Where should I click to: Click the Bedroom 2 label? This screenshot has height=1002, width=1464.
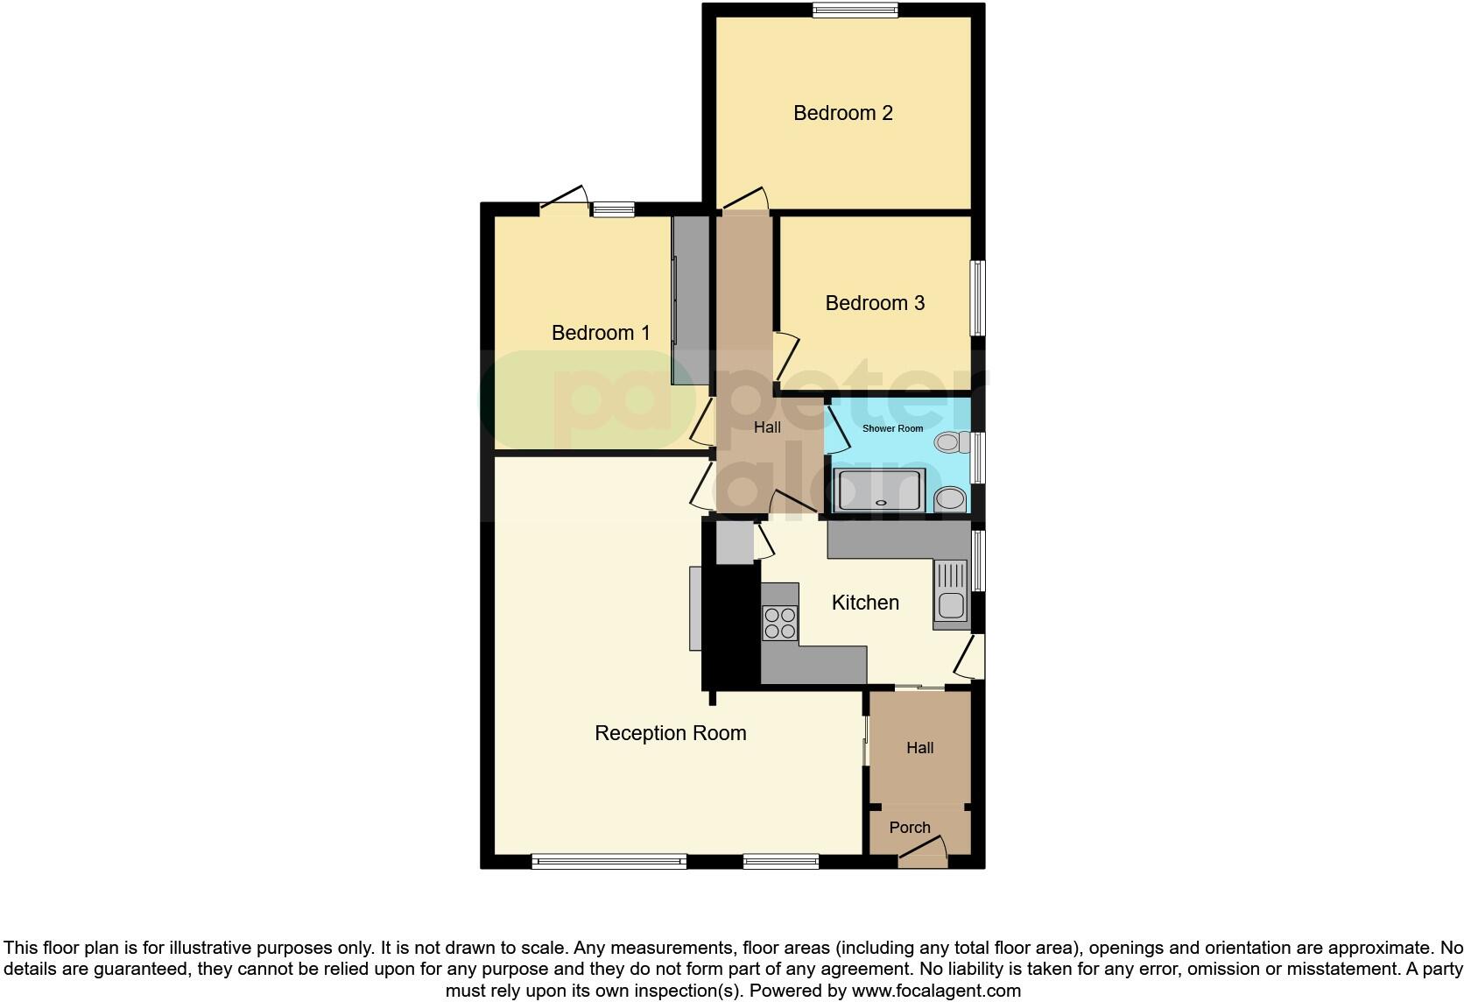(842, 113)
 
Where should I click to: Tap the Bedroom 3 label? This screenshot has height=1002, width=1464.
(875, 303)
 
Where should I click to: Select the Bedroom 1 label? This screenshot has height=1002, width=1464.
(601, 333)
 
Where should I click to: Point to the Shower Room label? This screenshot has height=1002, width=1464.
(892, 428)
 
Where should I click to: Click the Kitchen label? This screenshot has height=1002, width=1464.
(865, 603)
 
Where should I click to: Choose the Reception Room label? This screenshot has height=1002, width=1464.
(670, 733)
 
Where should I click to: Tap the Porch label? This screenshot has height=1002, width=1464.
(910, 828)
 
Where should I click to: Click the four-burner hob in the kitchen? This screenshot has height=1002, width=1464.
(780, 623)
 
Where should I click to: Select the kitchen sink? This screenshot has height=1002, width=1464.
(951, 596)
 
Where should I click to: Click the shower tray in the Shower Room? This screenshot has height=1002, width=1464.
(878, 490)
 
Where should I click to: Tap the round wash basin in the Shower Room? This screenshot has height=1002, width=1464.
(951, 500)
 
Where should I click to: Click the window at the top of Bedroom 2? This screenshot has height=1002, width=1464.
(855, 11)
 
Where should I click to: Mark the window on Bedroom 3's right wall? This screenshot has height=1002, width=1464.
(978, 298)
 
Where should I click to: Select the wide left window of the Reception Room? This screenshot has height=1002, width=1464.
(609, 862)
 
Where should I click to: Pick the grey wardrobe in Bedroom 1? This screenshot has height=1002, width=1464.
(690, 300)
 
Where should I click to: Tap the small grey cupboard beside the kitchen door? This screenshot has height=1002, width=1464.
(735, 543)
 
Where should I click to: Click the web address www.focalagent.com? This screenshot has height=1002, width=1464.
(935, 991)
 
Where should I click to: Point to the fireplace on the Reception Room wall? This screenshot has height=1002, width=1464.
(695, 609)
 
